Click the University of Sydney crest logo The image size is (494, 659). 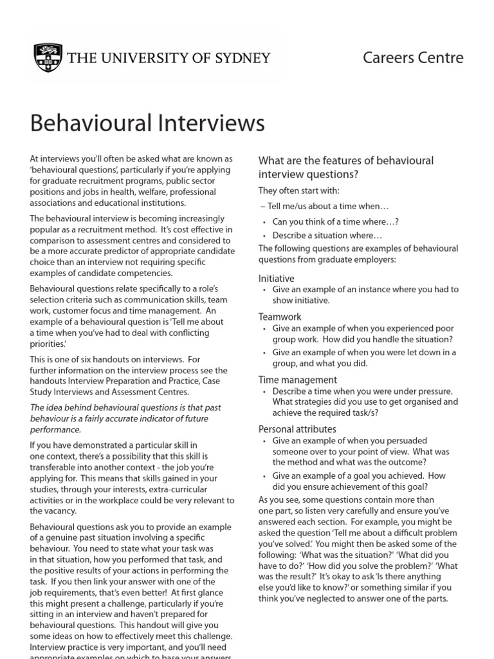48,57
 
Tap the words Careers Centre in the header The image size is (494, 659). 413,57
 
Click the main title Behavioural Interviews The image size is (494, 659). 147,123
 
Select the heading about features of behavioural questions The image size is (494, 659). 345,167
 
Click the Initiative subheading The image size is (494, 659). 276,278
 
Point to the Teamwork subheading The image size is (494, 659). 280,317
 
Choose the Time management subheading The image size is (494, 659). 297,380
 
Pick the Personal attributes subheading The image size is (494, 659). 297,429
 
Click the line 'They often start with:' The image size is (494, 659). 298,190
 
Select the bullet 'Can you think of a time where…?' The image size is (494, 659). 335,221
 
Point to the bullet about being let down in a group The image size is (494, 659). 363,358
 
